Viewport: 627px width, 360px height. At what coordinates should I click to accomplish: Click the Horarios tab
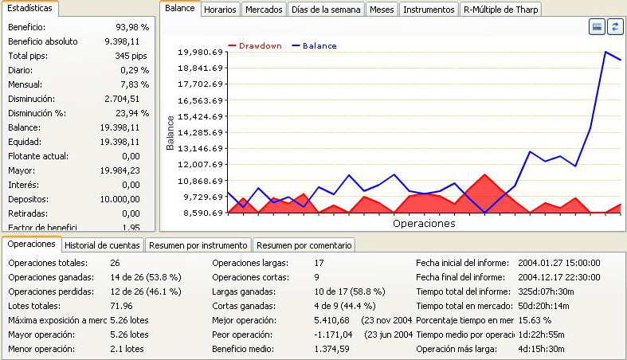219,10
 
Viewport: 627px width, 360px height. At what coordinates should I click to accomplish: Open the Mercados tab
264,10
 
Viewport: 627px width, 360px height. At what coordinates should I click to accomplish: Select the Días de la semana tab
327,10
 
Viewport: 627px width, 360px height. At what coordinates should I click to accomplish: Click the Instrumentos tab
429,10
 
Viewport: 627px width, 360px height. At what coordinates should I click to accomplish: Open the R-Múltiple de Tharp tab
501,10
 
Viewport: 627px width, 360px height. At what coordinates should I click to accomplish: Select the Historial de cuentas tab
103,245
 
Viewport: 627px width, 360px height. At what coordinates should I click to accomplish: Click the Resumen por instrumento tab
198,245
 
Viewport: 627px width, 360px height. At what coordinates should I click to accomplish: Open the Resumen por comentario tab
304,245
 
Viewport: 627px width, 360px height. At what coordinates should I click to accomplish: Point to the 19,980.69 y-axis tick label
200,53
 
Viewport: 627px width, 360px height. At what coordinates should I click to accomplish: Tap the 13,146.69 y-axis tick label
200,149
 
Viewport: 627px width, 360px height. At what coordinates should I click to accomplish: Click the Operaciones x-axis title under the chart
424,224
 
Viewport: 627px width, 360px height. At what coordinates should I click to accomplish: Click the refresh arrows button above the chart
614,28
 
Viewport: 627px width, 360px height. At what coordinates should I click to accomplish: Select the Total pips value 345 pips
131,56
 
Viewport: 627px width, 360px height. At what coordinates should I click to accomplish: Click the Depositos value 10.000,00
118,199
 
